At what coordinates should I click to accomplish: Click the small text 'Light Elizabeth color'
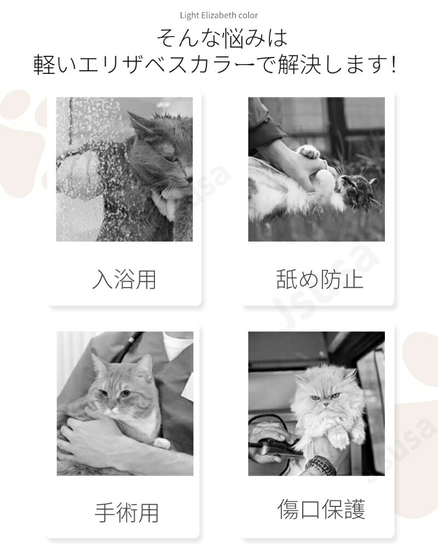(218, 15)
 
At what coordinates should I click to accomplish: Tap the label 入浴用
(124, 279)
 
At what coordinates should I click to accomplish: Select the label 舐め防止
(320, 279)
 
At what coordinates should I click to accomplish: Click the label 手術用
(126, 512)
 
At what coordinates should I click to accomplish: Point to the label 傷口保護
(321, 509)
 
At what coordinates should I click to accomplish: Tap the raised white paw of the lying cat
(308, 151)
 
